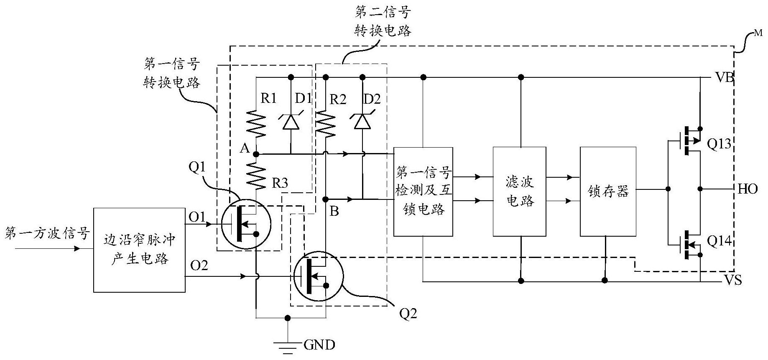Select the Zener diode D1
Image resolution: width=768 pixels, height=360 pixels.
click(291, 122)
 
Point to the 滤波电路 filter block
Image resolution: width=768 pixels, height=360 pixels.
click(520, 191)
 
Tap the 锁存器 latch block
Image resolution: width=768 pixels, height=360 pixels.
click(608, 191)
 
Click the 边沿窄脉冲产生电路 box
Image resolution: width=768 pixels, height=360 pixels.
click(139, 250)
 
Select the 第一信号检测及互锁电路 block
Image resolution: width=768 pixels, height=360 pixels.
click(423, 191)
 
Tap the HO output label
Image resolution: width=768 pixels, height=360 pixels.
click(748, 189)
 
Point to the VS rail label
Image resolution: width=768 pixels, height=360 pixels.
click(733, 281)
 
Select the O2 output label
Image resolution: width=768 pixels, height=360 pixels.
click(199, 265)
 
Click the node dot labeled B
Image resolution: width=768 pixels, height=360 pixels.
click(325, 199)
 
